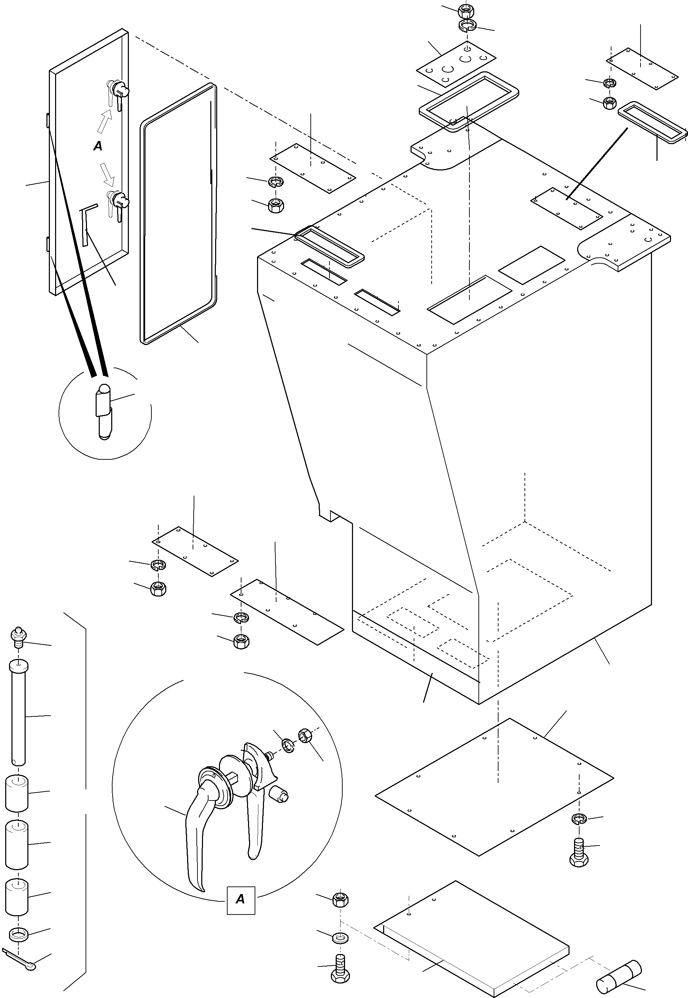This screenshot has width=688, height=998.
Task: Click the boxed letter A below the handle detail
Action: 240,899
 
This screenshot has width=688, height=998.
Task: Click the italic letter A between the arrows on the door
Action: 98,146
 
